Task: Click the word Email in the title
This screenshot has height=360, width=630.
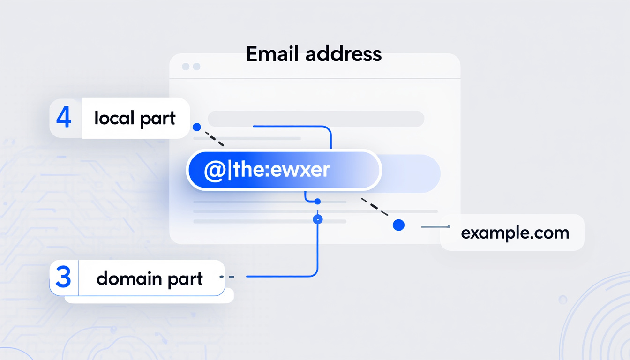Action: coord(272,54)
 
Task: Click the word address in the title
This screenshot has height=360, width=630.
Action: coord(343,54)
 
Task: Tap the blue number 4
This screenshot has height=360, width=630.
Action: coord(64,118)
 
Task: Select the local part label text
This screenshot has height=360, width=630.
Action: coord(135,118)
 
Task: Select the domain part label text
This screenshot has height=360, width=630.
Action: coord(150,278)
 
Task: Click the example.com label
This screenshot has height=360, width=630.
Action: coord(515,233)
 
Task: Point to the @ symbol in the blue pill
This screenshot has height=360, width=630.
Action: coord(213,170)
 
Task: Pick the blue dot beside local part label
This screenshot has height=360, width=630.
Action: coord(197,127)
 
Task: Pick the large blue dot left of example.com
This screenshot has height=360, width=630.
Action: coord(398,225)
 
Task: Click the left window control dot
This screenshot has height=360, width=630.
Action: coord(186,67)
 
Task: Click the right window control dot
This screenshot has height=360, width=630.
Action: coord(196,67)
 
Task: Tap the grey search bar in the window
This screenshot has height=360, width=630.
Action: coord(315,119)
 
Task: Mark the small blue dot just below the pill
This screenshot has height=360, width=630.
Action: coord(317,202)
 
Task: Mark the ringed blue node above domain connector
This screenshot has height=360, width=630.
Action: coord(318,219)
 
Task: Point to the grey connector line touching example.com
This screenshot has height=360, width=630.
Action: coord(435,227)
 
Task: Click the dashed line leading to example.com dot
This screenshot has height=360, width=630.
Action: coord(375,208)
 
